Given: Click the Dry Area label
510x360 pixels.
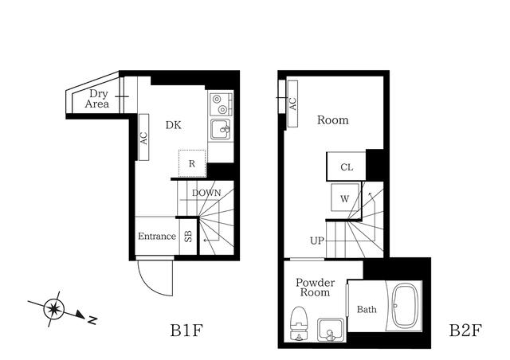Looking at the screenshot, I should [x=97, y=98].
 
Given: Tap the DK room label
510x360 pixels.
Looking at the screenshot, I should [x=175, y=124].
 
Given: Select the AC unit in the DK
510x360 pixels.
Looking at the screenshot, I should [x=144, y=137].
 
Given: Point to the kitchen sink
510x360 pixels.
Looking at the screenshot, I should [x=221, y=129].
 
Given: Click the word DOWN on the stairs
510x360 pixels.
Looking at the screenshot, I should [x=206, y=193].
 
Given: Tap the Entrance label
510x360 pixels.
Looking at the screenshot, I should [x=156, y=237].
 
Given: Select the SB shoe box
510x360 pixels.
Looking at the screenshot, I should [x=188, y=237].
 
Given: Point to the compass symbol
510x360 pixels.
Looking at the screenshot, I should [x=54, y=307].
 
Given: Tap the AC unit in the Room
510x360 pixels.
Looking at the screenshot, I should [x=292, y=104].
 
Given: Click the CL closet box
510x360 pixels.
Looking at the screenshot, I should [x=346, y=167].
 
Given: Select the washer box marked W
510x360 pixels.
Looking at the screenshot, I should [x=345, y=198].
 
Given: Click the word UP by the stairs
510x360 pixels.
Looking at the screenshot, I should [x=316, y=240].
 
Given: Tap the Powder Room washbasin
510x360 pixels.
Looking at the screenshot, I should [x=329, y=329].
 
